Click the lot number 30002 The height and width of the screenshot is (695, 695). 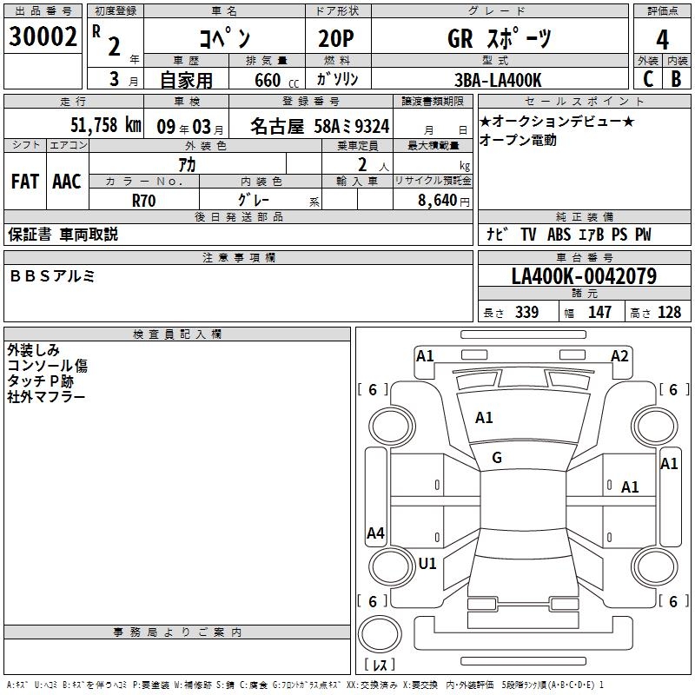[43, 36]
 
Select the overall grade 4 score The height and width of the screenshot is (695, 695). [662, 40]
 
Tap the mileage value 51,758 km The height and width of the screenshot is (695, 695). [106, 125]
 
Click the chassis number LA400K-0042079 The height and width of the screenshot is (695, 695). [584, 276]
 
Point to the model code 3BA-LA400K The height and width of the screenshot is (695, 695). [498, 80]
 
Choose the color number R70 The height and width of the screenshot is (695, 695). [143, 201]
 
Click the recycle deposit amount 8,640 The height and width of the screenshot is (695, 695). [438, 201]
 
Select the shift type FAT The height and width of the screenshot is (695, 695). [25, 182]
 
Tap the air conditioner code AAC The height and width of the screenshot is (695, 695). [67, 182]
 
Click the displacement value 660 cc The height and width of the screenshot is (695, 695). [276, 81]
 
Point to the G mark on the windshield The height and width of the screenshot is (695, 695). [497, 458]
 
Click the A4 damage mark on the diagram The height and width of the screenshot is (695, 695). [375, 533]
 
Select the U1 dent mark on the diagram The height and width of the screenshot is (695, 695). [427, 564]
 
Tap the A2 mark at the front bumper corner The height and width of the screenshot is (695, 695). [619, 356]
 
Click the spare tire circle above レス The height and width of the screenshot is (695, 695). [380, 634]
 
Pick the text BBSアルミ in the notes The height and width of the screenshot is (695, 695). [52, 276]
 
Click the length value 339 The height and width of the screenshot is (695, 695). [526, 312]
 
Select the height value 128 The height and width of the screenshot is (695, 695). [669, 312]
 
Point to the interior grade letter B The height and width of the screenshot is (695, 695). [676, 79]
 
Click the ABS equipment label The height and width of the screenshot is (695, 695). [559, 235]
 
